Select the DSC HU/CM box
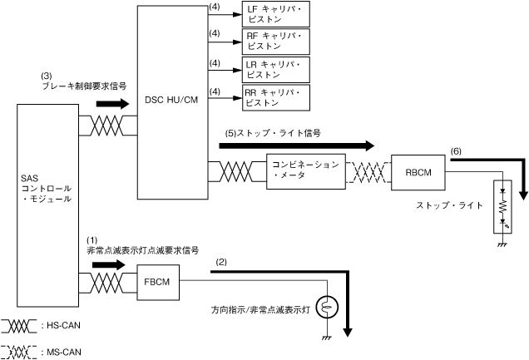pyautogui.click(x=171, y=101)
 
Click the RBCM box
pyautogui.click(x=417, y=172)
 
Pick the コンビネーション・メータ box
pyautogui.click(x=305, y=171)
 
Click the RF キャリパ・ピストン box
pyautogui.click(x=275, y=42)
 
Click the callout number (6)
pyautogui.click(x=455, y=151)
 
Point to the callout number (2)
pyautogui.click(x=221, y=262)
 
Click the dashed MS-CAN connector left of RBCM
pyautogui.click(x=368, y=172)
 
